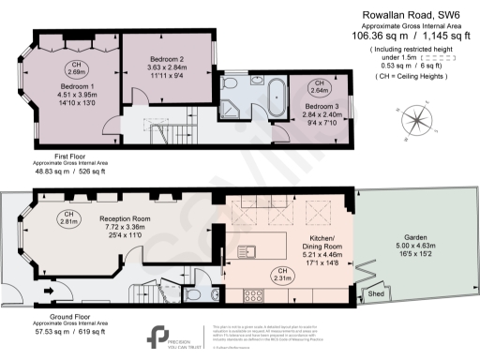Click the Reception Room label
click(x=125, y=218)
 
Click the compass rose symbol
click(x=414, y=123)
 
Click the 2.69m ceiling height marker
click(x=77, y=67)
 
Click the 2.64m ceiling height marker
click(x=319, y=86)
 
